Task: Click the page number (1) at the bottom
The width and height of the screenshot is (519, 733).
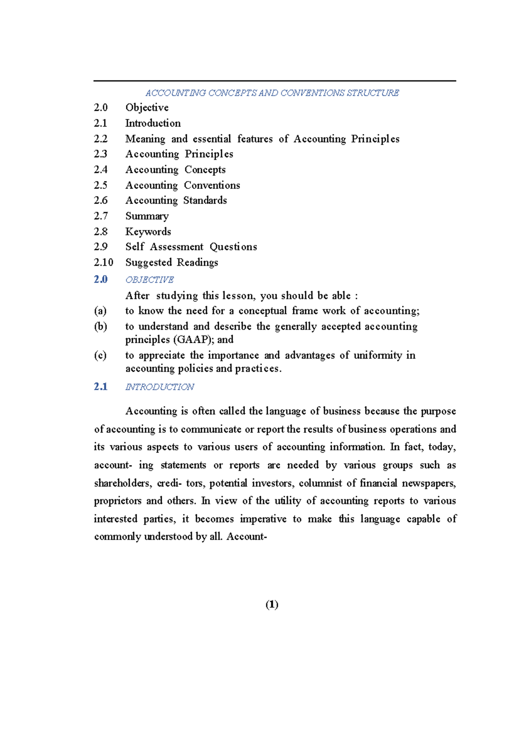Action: coord(272,604)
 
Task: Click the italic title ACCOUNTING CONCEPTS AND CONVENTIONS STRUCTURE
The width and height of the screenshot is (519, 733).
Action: coord(272,93)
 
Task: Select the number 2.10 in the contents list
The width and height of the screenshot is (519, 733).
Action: coord(103,262)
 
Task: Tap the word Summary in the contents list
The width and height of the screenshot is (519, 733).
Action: coord(147,216)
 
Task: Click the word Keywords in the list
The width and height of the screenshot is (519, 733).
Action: coord(148,232)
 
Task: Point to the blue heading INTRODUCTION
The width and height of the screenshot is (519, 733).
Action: coord(160,387)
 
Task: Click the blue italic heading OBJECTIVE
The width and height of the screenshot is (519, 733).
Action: coord(149,280)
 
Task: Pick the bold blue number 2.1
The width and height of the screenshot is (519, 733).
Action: coord(100,386)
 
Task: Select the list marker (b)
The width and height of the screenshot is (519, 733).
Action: coord(100,326)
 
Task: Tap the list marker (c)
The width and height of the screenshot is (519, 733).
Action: coord(100,355)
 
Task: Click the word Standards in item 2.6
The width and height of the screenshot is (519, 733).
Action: coord(205,201)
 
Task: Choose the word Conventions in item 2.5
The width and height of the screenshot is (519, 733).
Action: coord(212,185)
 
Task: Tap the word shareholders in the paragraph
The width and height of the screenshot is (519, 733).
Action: coord(122,483)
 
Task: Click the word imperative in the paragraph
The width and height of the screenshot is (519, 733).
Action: coord(263,519)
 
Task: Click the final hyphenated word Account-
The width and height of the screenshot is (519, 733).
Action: coord(247,537)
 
